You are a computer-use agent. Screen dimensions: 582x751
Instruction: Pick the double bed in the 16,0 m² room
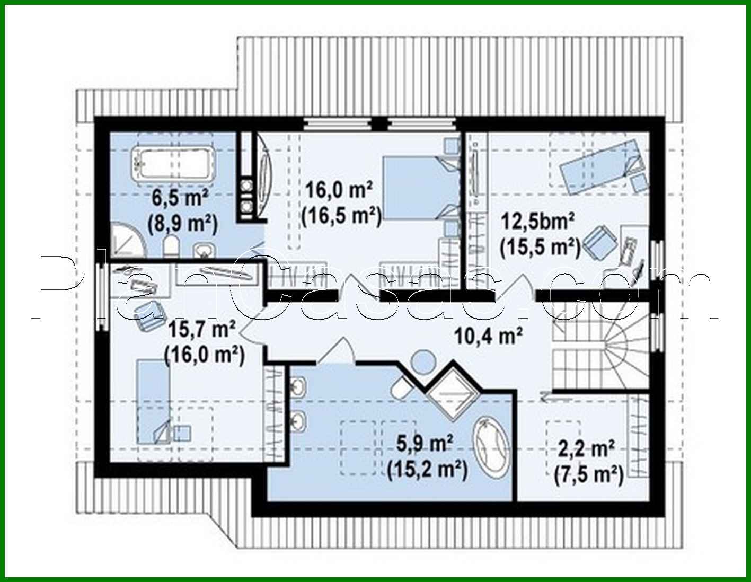[419, 188]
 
